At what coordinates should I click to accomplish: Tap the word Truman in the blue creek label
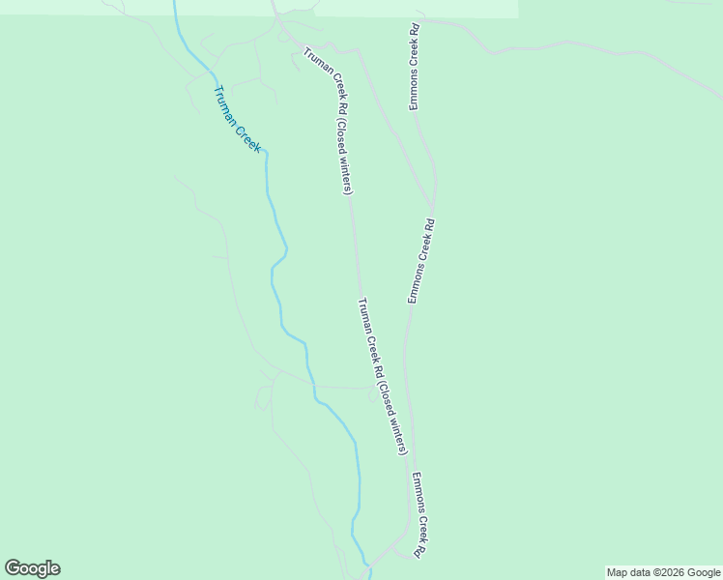(x=226, y=102)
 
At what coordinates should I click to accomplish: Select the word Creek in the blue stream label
(x=249, y=136)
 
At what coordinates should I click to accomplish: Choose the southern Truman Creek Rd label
(x=383, y=376)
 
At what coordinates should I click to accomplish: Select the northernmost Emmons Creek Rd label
(x=414, y=66)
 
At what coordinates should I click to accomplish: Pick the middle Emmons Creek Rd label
(x=421, y=261)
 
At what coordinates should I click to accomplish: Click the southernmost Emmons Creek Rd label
(x=419, y=515)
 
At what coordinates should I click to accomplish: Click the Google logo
(x=32, y=568)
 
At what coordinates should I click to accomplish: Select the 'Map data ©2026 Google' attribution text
(x=664, y=572)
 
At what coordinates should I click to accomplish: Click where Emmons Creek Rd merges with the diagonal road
(x=432, y=205)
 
